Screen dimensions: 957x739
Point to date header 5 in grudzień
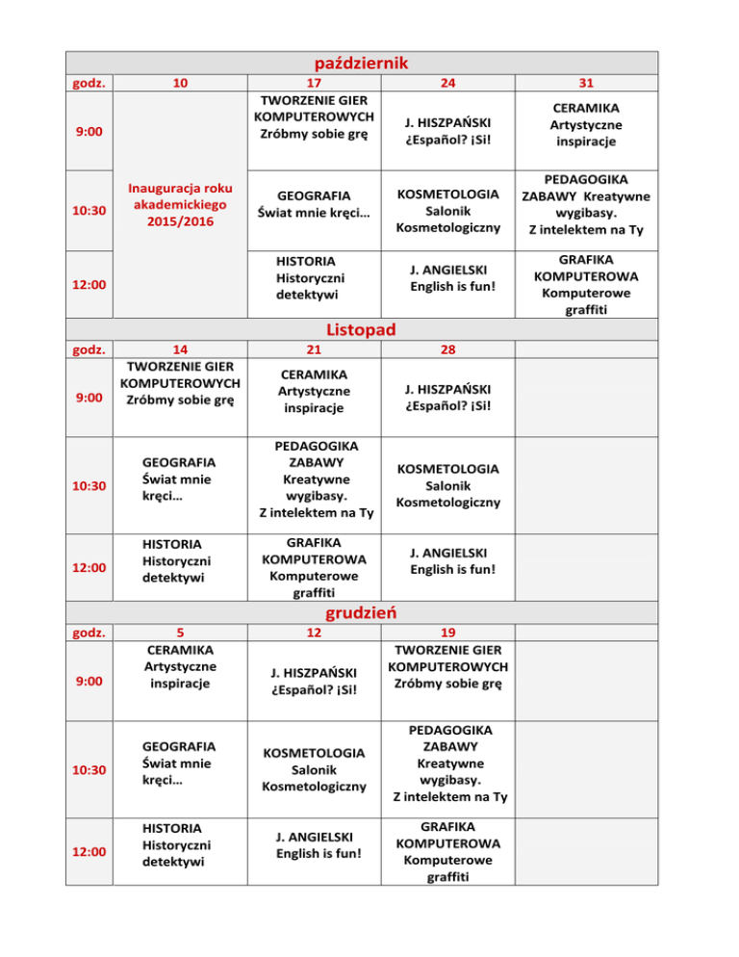180,632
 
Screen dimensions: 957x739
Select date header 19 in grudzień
446,632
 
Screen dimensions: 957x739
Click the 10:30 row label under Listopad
89,485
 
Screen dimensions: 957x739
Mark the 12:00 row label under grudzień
89,851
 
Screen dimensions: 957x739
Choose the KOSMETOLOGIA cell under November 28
446,485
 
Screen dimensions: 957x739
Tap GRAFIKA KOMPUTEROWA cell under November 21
314,567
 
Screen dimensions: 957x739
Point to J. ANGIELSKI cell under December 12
314,843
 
